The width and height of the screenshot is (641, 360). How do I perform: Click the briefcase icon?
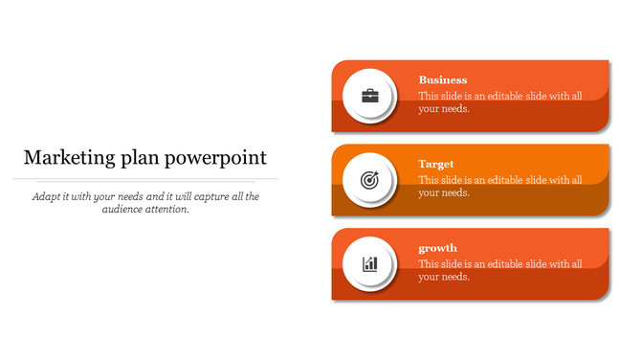click(369, 96)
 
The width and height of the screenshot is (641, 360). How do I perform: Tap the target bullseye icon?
click(369, 179)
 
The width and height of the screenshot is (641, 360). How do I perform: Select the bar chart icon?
click(369, 263)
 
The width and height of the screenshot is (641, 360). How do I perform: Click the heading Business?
click(443, 80)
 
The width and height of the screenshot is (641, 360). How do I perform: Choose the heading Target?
click(436, 165)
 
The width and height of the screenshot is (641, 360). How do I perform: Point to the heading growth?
click(438, 249)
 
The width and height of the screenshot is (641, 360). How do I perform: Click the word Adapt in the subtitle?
click(46, 196)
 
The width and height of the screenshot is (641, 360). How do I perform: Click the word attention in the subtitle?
click(170, 210)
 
